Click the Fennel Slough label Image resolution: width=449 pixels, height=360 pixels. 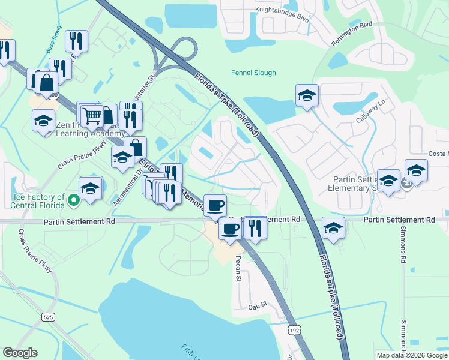pos(253,73)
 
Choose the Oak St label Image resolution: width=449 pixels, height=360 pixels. pos(257,307)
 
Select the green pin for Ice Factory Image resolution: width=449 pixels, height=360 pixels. pos(74,201)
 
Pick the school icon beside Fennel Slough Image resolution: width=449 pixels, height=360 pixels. pos(307,95)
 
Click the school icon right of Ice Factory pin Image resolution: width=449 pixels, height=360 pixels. pos(91,188)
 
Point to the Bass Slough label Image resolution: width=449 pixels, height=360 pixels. pos(53,39)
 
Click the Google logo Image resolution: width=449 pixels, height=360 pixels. pos(20,353)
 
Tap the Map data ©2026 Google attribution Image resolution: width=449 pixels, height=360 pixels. pos(411,355)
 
